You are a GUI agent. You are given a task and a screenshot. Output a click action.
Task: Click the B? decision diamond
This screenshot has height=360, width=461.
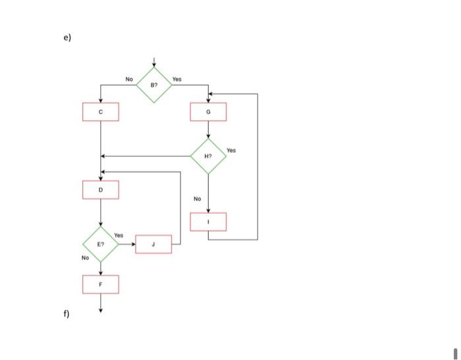pyautogui.click(x=154, y=85)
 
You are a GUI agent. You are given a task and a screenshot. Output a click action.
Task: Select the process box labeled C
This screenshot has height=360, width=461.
pyautogui.click(x=101, y=112)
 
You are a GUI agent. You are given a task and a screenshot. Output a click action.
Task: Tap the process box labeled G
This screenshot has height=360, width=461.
pyautogui.click(x=208, y=112)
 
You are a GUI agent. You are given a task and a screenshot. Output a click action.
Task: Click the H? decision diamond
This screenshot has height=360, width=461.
pyautogui.click(x=208, y=156)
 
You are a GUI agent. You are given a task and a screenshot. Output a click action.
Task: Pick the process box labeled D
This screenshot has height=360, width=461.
pyautogui.click(x=101, y=190)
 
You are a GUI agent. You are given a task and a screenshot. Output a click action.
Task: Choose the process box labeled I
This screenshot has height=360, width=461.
pyautogui.click(x=208, y=222)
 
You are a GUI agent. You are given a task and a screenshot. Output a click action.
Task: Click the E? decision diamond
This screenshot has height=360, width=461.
pyautogui.click(x=101, y=244)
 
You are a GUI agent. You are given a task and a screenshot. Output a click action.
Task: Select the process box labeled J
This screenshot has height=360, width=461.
pyautogui.click(x=153, y=244)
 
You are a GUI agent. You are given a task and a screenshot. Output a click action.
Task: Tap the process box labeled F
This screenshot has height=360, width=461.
pyautogui.click(x=101, y=284)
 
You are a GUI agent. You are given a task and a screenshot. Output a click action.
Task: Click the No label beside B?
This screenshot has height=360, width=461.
pyautogui.click(x=129, y=79)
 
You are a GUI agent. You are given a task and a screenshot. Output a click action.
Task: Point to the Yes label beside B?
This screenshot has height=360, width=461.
pyautogui.click(x=176, y=79)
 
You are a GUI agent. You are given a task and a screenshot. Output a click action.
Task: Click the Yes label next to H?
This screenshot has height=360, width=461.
pyautogui.click(x=230, y=150)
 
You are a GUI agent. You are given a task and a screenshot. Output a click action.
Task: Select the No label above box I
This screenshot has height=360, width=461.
pyautogui.click(x=197, y=199)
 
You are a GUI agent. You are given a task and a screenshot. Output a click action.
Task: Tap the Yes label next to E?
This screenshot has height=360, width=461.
pyautogui.click(x=119, y=234)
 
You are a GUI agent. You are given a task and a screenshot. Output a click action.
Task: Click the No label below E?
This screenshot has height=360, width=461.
pyautogui.click(x=85, y=258)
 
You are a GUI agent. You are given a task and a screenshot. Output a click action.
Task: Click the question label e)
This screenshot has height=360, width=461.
pyautogui.click(x=67, y=38)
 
